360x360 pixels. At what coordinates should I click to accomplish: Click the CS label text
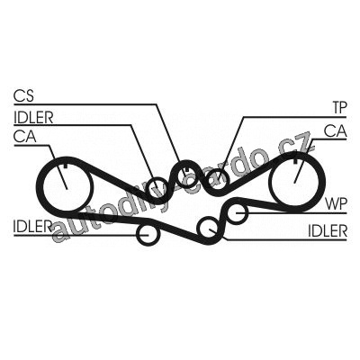[x=24, y=96]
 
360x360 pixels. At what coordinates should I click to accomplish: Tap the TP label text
[x=339, y=108]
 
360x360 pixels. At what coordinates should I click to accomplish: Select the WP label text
[x=337, y=204]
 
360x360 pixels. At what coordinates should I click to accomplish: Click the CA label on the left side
[x=25, y=137]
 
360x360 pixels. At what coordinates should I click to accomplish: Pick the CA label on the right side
[x=336, y=131]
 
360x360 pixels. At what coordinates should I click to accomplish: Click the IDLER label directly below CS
[x=33, y=118]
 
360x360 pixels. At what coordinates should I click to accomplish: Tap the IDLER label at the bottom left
[x=31, y=227]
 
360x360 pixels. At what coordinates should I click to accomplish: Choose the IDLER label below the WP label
[x=328, y=231]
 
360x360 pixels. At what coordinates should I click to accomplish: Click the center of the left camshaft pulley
[x=67, y=188]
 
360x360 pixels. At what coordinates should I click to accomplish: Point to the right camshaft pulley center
[x=294, y=183]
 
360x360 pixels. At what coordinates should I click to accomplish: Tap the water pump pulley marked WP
[x=237, y=212]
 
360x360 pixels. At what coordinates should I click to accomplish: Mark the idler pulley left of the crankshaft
[x=157, y=190]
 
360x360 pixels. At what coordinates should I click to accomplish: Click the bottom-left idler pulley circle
[x=147, y=234]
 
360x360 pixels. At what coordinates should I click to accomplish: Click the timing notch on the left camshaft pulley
[x=67, y=166]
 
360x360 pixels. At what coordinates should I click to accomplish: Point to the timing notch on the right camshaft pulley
[x=295, y=160]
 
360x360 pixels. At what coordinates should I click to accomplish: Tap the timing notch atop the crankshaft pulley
[x=187, y=169]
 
